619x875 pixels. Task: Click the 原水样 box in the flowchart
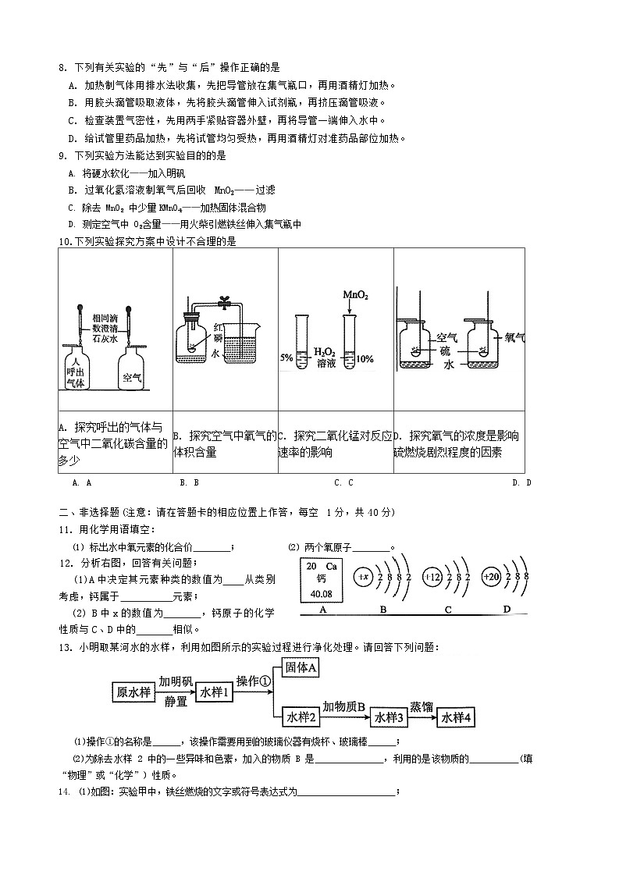point(133,692)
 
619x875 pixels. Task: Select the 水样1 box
point(214,692)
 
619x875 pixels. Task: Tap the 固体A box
point(301,667)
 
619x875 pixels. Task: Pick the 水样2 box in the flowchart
point(301,717)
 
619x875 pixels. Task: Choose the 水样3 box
point(388,717)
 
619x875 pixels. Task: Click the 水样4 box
point(458,717)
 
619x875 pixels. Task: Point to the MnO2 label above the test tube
point(355,295)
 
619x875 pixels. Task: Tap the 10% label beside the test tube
point(365,358)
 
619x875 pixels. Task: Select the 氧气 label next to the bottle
point(515,337)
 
